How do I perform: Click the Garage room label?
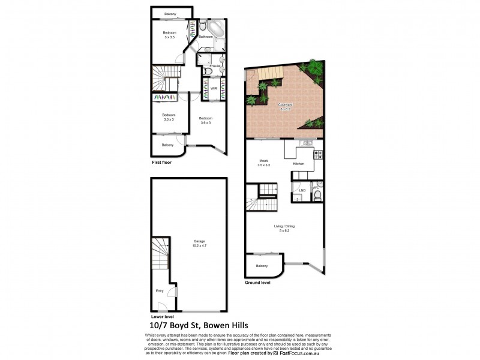pos(190,242)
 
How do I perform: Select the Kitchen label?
pos(298,164)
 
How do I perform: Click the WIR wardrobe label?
pos(213,88)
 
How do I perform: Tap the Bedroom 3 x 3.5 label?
pos(169,35)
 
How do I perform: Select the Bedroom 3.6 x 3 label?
pos(205,120)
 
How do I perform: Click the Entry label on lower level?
pos(160,291)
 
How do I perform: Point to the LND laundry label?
pos(302,191)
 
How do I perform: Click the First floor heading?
pos(162,162)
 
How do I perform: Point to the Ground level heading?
pos(257,282)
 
